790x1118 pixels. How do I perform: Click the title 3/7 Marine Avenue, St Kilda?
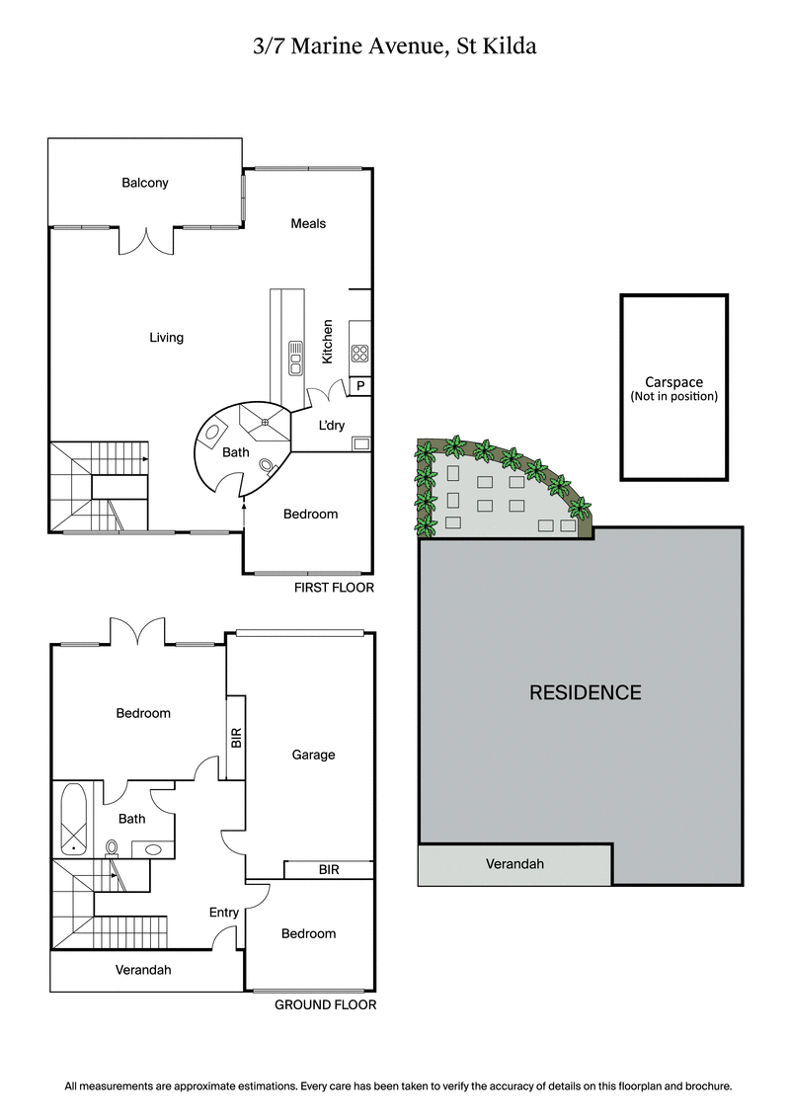[x=394, y=45]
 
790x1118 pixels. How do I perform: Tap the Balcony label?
[x=145, y=183]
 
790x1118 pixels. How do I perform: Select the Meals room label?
[x=308, y=223]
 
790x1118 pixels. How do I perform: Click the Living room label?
[x=166, y=338]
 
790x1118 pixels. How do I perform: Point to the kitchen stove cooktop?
[x=359, y=352]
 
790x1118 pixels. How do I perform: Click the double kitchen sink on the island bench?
[x=295, y=358]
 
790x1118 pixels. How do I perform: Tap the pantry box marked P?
[x=360, y=386]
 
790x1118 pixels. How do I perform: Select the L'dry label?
[x=331, y=425]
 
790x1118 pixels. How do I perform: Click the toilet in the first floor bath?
[x=267, y=464]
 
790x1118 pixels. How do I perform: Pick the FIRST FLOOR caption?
[x=334, y=588]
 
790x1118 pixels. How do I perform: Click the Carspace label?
[x=673, y=382]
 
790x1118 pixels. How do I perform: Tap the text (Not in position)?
[x=673, y=396]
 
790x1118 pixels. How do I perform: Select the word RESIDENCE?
[x=586, y=692]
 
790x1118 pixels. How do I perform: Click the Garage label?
[x=313, y=755]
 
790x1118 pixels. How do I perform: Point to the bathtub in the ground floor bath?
[x=74, y=819]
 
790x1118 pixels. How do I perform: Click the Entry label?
[x=224, y=913]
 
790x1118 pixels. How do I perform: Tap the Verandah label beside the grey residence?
[x=514, y=864]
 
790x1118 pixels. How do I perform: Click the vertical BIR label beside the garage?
[x=236, y=738]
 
